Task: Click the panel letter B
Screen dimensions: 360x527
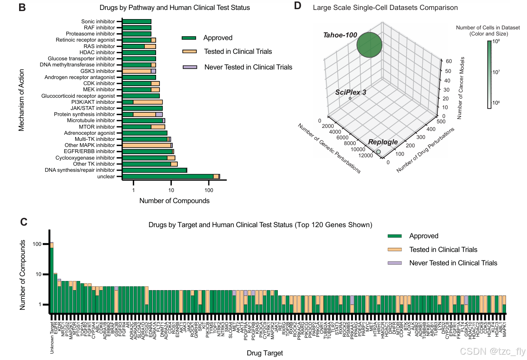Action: (x=22, y=8)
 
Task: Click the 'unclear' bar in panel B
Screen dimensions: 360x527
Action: (x=168, y=176)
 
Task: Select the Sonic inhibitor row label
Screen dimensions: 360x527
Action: (x=98, y=21)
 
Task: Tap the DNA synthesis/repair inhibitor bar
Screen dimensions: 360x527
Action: (x=154, y=170)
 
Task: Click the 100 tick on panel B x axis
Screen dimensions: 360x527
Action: (x=209, y=190)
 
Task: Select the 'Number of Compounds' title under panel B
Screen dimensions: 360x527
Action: (x=174, y=201)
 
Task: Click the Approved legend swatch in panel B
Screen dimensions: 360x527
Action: (x=189, y=38)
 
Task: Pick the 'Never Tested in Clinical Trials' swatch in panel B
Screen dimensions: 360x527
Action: (x=190, y=67)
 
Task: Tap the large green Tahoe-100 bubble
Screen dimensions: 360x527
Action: (x=369, y=45)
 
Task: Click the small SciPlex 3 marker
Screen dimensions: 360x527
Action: (x=350, y=98)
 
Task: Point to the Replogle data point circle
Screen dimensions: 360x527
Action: (x=378, y=152)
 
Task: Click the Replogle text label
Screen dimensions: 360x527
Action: (x=383, y=142)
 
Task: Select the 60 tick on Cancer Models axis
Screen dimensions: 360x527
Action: (x=449, y=61)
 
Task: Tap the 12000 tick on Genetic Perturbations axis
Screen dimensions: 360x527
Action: (x=366, y=155)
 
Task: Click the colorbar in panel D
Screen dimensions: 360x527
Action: (x=490, y=74)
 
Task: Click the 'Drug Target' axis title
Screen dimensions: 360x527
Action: (x=265, y=353)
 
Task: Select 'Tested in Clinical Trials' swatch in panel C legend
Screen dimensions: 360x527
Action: (x=395, y=250)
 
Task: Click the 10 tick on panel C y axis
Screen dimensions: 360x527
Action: (x=39, y=274)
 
